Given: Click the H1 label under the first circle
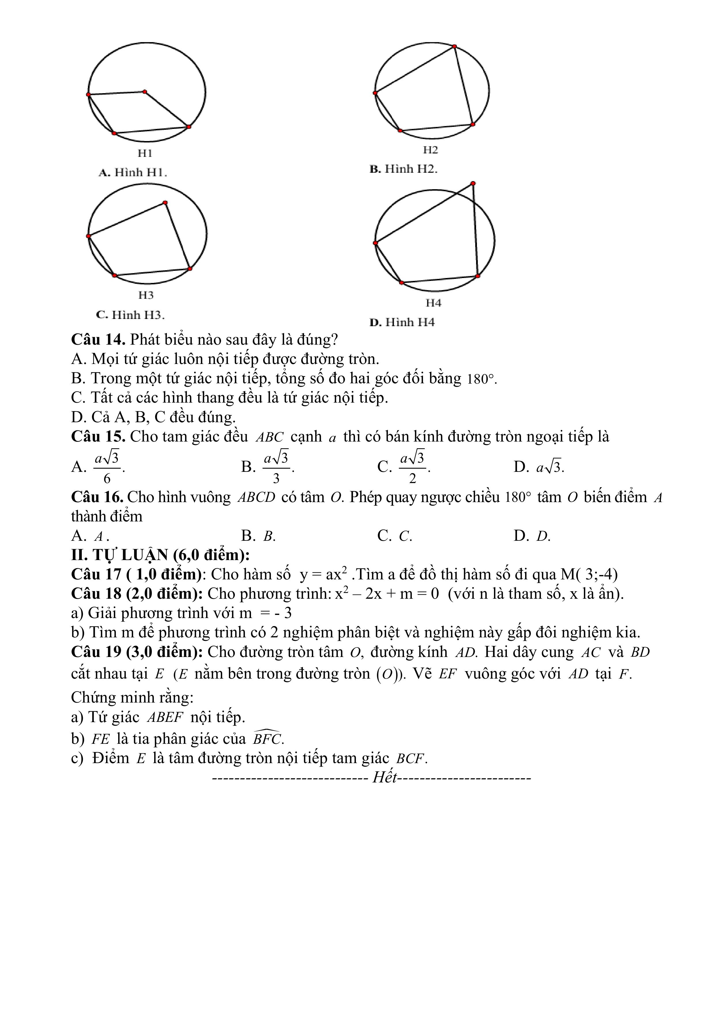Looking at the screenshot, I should [145, 153].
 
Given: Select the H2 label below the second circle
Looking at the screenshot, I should [430, 150].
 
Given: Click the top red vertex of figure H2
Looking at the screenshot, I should [454, 46].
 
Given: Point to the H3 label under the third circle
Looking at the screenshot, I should [146, 295].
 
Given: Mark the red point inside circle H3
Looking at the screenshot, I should [165, 203].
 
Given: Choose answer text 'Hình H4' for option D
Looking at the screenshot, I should [410, 322].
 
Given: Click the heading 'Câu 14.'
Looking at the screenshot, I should [99, 339].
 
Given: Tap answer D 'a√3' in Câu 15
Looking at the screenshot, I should [549, 467].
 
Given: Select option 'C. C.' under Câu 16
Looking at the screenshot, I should [395, 536].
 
